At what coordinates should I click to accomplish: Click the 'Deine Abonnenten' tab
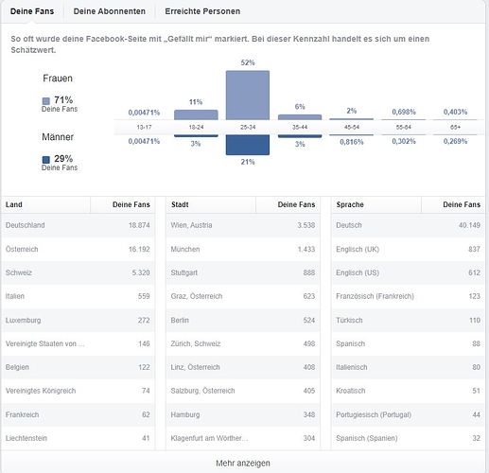110,11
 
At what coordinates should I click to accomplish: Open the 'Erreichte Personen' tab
202,11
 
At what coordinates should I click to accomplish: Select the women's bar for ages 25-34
248,96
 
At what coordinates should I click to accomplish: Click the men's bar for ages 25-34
248,145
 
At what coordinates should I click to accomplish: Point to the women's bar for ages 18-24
196,114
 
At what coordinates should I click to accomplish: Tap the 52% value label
248,62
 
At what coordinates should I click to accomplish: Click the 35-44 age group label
300,127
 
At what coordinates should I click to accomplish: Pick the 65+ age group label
456,127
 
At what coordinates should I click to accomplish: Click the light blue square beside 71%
46,101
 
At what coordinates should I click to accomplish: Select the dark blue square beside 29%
46,160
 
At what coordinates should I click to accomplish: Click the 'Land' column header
14,204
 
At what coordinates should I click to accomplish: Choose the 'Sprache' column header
350,204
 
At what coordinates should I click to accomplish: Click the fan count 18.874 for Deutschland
139,225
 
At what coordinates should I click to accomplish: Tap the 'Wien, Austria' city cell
191,225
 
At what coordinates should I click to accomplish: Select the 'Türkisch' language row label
349,320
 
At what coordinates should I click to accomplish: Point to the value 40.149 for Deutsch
469,225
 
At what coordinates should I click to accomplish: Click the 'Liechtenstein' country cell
26,438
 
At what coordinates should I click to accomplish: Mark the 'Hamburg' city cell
185,414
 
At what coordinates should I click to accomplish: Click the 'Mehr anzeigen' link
243,463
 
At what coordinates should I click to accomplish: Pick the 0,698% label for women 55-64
404,112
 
